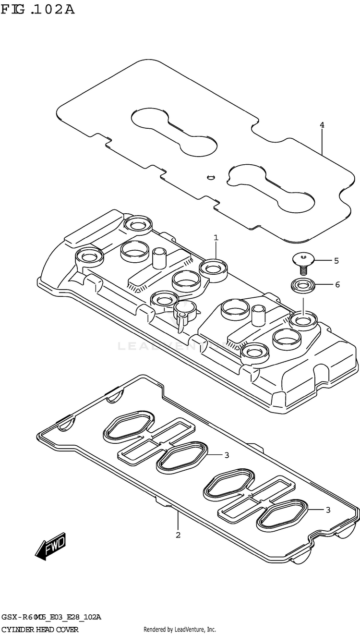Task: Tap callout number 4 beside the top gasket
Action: [x=322, y=125]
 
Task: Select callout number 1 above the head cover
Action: [x=216, y=237]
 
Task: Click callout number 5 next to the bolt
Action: [x=336, y=261]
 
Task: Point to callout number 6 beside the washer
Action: [x=337, y=285]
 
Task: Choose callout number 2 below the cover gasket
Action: [x=178, y=535]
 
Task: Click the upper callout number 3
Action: [x=227, y=455]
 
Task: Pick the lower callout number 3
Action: [x=328, y=510]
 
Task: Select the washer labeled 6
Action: [x=302, y=285]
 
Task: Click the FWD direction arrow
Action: [x=50, y=547]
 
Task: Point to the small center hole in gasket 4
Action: [x=209, y=177]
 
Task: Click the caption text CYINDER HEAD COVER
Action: [x=40, y=629]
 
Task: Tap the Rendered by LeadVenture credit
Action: [x=180, y=629]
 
